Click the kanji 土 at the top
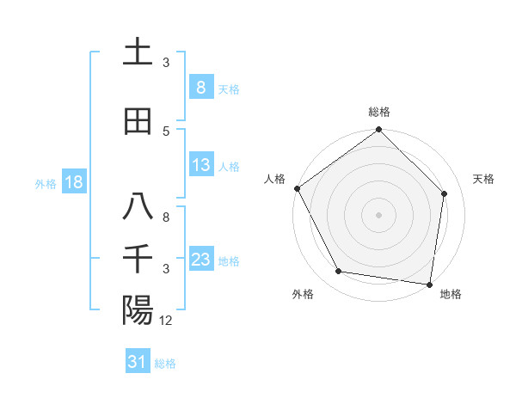[138, 52]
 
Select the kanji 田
[138, 121]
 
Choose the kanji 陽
[138, 310]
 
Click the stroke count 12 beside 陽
[166, 321]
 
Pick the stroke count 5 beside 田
[166, 132]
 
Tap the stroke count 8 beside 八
[166, 217]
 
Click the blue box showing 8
[200, 88]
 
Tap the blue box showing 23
[200, 260]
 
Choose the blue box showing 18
[73, 182]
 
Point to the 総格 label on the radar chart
[379, 112]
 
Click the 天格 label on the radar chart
[484, 179]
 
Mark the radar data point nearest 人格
[297, 188]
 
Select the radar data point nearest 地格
[429, 284]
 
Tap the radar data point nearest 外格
[339, 272]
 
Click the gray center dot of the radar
[379, 214]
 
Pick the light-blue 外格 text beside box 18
[46, 183]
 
